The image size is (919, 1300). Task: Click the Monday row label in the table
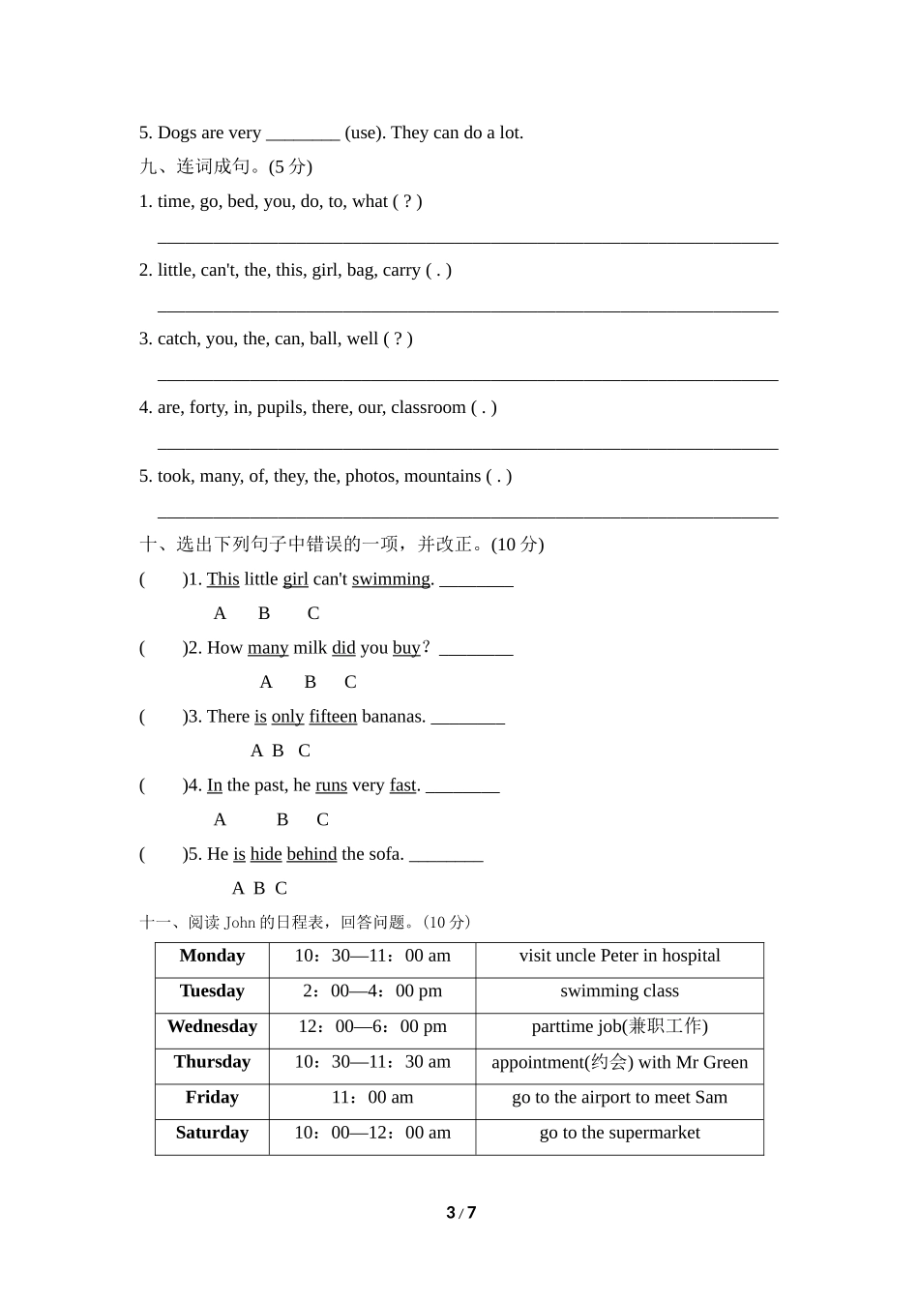pyautogui.click(x=212, y=956)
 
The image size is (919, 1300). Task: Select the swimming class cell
pyautogui.click(x=619, y=991)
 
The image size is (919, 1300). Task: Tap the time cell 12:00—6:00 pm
pyautogui.click(x=372, y=1026)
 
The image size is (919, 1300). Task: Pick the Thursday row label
pyautogui.click(x=212, y=1062)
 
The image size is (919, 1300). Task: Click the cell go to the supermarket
pyautogui.click(x=619, y=1133)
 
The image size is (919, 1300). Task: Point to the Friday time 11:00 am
pyautogui.click(x=372, y=1098)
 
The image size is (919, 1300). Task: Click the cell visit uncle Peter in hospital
pyautogui.click(x=619, y=956)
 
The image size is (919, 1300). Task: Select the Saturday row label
pyautogui.click(x=212, y=1133)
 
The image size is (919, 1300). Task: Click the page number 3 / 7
pyautogui.click(x=461, y=1213)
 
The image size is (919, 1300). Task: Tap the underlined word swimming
pyautogui.click(x=391, y=579)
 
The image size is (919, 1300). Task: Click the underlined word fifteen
pyautogui.click(x=333, y=717)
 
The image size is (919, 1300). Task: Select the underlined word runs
pyautogui.click(x=331, y=785)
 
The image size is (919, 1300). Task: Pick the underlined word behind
pyautogui.click(x=311, y=854)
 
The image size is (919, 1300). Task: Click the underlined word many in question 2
pyautogui.click(x=268, y=648)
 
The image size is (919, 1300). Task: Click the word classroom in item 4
pyautogui.click(x=429, y=407)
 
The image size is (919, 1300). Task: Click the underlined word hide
pyautogui.click(x=266, y=854)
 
